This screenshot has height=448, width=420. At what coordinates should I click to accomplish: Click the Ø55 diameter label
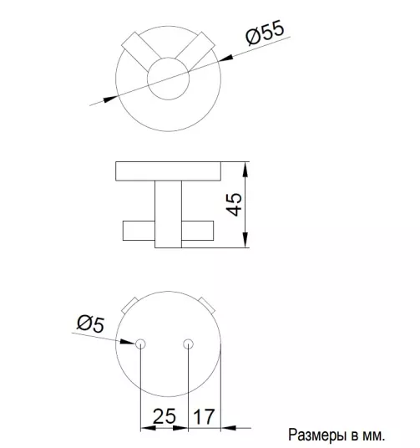265,33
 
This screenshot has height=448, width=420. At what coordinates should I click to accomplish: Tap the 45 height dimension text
234,204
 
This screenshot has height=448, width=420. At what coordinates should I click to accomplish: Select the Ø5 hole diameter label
91,324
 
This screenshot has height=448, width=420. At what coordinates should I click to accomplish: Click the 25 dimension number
164,416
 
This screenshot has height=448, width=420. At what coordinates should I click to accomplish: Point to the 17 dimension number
204,416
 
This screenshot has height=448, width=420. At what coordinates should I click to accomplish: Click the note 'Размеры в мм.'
337,435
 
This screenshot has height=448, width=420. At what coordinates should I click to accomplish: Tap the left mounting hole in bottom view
140,344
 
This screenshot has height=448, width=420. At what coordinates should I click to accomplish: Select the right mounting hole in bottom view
188,344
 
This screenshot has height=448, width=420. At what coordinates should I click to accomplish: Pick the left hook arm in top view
140,52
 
